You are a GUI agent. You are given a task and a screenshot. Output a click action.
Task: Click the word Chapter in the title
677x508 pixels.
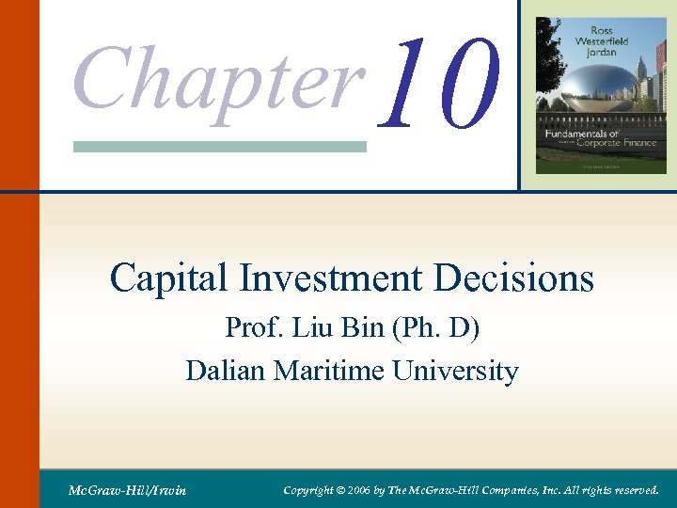click(218, 78)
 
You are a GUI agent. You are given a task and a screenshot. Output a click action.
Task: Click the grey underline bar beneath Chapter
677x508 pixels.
click(219, 147)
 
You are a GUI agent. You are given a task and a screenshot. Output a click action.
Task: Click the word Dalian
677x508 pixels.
click(227, 371)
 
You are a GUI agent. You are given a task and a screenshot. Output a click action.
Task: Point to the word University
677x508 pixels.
click(456, 371)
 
